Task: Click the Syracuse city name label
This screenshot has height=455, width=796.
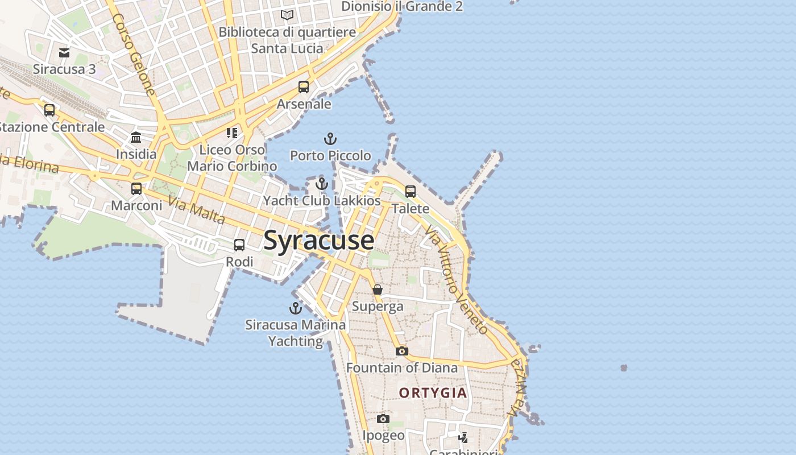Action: [x=319, y=240]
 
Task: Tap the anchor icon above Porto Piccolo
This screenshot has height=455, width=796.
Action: [x=330, y=139]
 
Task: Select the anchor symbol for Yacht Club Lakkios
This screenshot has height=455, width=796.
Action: [x=322, y=184]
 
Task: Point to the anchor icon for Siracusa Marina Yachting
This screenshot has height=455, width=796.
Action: [x=295, y=308]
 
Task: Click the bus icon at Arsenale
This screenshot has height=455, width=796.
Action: [x=304, y=87]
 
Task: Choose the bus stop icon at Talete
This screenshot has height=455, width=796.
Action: [x=411, y=192]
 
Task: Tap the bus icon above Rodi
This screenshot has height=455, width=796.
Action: [x=239, y=245]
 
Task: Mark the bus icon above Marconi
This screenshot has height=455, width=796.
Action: [x=136, y=189]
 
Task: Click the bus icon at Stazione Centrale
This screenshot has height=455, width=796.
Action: [x=49, y=110]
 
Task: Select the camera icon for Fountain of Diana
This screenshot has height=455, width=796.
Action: [x=402, y=351]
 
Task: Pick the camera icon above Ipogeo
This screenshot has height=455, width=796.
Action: [x=383, y=419]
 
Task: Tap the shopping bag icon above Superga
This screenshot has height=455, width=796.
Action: [x=378, y=290]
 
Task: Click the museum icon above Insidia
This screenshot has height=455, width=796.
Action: [x=136, y=138]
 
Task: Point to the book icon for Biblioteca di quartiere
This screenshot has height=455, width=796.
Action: [x=287, y=15]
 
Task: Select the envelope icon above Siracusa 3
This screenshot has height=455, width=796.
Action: [x=64, y=53]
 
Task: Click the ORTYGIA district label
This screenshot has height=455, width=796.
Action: [x=433, y=393]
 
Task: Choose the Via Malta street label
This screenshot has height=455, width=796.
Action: [x=197, y=210]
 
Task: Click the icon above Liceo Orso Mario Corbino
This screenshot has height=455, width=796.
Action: [x=232, y=133]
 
